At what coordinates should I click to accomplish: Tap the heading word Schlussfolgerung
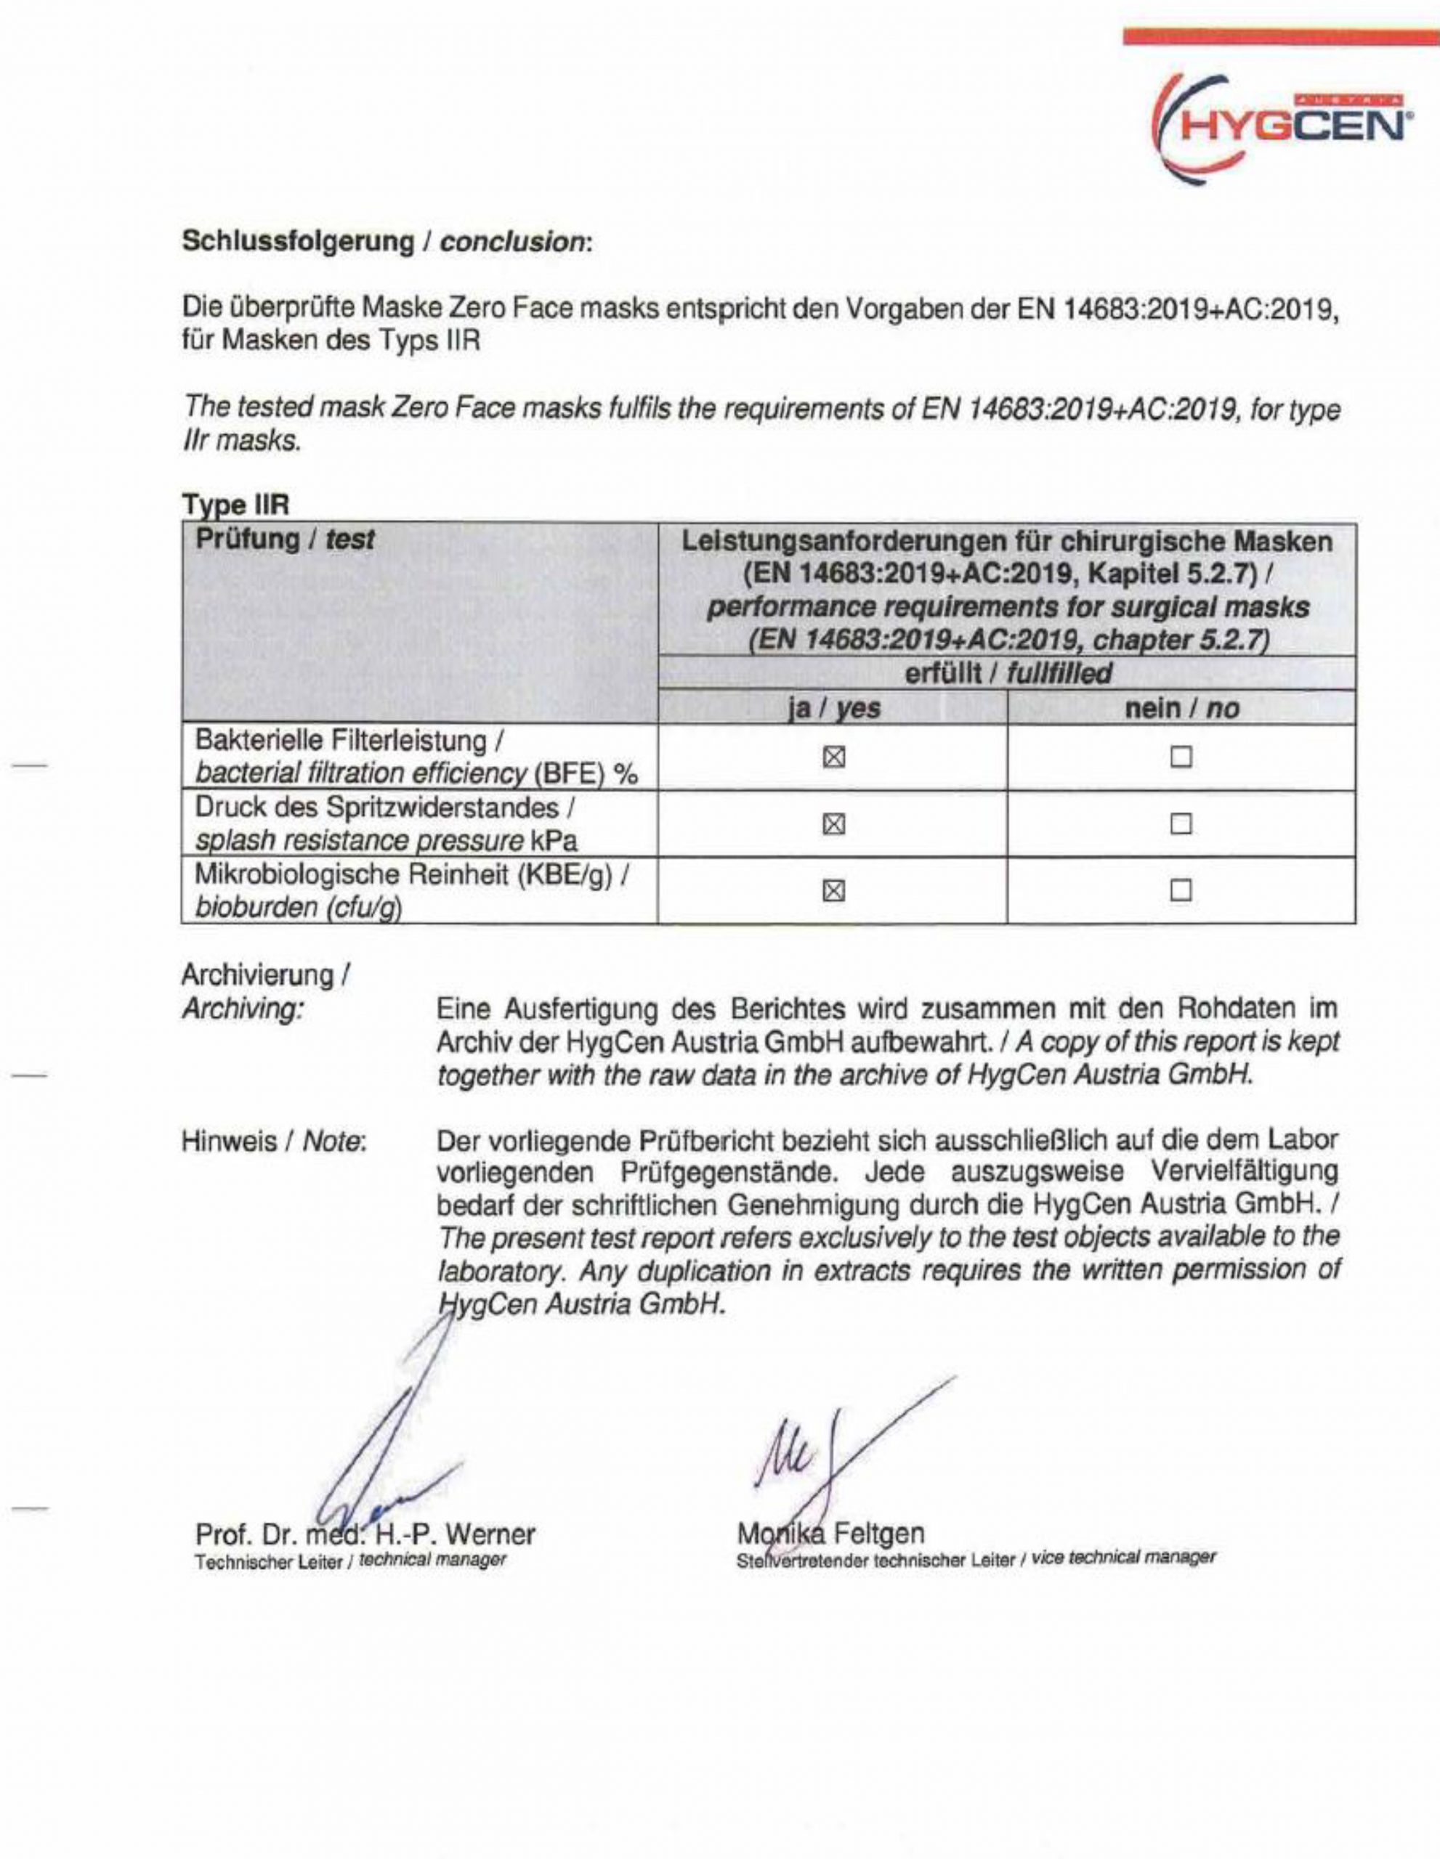tap(297, 242)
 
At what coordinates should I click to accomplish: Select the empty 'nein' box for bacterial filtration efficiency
tap(1181, 757)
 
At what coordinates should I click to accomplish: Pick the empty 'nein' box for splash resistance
tap(1181, 824)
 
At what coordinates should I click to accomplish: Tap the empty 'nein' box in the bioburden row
tap(1181, 890)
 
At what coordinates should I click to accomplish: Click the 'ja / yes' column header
tap(833, 708)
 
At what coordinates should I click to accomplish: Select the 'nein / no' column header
tap(1182, 708)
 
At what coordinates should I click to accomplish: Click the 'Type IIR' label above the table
tap(237, 505)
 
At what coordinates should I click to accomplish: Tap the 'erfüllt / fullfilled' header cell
tap(1008, 674)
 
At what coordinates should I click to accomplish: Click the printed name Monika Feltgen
tap(831, 1533)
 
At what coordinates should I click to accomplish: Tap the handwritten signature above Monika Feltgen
tap(817, 1447)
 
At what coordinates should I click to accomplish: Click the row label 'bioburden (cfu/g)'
tap(298, 908)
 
